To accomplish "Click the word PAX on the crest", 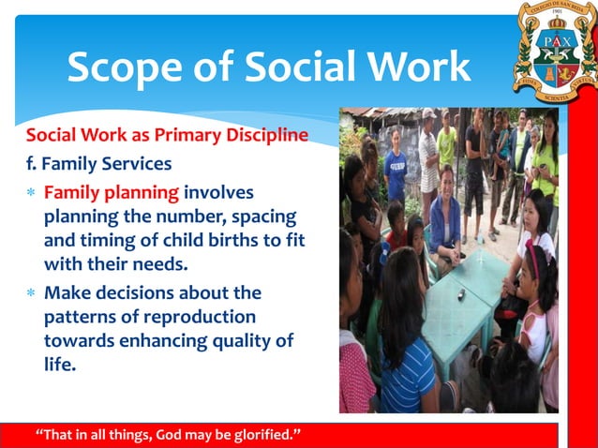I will point(553,40).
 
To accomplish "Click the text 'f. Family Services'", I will point(98,164).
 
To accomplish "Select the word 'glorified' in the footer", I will point(259,436).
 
